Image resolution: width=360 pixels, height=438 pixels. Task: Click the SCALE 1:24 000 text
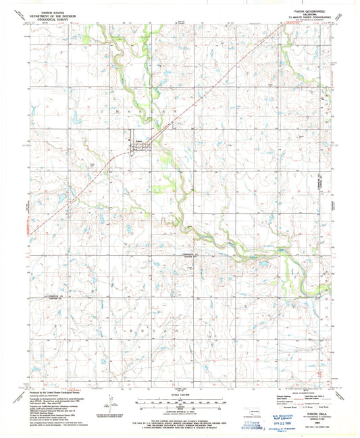coord(180,395)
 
